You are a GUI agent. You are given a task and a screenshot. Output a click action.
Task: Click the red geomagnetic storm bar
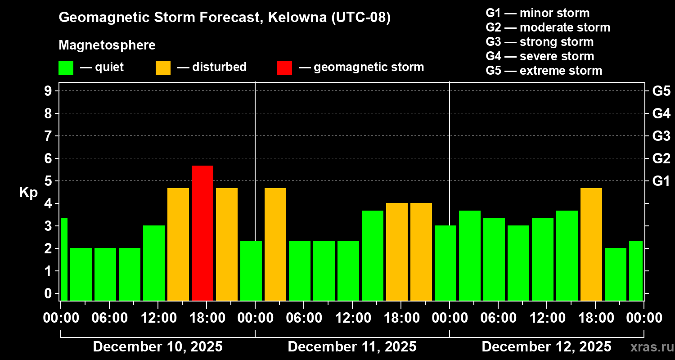tap(202, 233)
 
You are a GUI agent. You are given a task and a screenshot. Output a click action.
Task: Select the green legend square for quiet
tap(66, 68)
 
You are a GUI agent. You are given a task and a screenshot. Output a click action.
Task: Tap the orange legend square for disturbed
tap(163, 68)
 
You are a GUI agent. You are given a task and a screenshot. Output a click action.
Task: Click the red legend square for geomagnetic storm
tap(284, 68)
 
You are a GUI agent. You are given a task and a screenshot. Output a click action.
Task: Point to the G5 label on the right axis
tap(661, 91)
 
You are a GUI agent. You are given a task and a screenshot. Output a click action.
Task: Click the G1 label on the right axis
tap(661, 181)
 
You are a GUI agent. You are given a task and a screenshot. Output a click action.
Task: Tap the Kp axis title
tap(28, 192)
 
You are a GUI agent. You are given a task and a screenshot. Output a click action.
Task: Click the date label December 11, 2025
tap(352, 347)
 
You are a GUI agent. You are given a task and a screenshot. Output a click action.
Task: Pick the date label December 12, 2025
tap(546, 347)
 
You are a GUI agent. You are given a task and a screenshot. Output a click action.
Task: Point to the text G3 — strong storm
tap(540, 42)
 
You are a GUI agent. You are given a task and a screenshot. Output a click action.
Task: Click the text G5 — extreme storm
tap(544, 71)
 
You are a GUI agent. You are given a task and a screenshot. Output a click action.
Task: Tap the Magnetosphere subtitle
tap(107, 45)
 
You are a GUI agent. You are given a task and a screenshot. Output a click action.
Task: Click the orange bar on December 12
tap(591, 244)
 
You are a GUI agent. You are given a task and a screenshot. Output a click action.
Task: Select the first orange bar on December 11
tap(275, 244)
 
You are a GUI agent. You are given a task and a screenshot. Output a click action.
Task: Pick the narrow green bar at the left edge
tap(64, 259)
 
